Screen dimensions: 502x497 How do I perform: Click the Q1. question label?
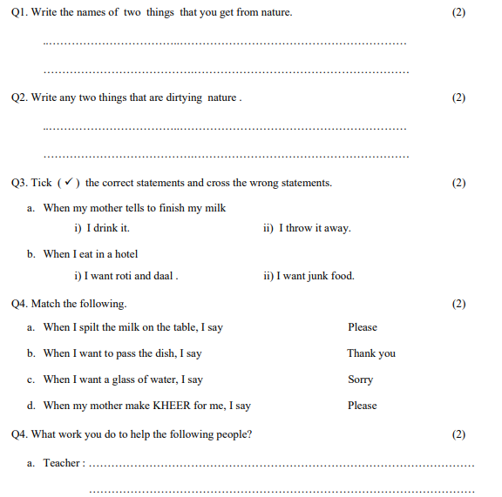click(x=19, y=13)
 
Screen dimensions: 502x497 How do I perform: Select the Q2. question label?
click(x=19, y=97)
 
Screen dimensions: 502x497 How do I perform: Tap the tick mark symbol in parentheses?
click(x=69, y=183)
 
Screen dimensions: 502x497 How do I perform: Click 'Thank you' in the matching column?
click(x=371, y=353)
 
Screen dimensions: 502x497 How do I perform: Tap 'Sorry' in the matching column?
click(x=360, y=379)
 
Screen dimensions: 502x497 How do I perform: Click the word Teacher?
click(x=62, y=464)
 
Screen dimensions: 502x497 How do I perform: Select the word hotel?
click(x=125, y=254)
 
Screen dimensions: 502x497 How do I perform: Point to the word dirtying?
click(x=184, y=97)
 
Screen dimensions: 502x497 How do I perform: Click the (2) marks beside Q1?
click(x=459, y=13)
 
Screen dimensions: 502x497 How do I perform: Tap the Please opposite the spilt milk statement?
click(x=363, y=327)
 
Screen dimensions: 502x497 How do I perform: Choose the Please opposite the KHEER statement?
click(x=363, y=406)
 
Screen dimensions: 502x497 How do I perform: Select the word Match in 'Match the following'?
click(x=45, y=304)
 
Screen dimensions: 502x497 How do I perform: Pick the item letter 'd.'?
click(x=31, y=406)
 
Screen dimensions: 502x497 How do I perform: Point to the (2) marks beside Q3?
click(x=459, y=183)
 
